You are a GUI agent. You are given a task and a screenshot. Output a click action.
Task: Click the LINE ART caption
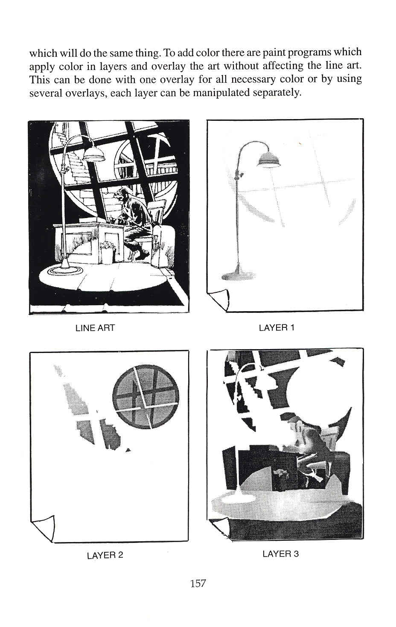coord(95,328)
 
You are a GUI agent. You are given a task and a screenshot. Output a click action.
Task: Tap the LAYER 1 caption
coord(277,328)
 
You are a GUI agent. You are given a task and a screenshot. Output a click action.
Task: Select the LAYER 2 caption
coord(105,555)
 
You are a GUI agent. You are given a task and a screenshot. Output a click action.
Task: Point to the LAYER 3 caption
coord(280,554)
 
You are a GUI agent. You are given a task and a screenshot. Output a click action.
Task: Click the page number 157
coord(198,583)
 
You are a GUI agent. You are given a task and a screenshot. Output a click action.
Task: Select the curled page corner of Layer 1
coord(220,298)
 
